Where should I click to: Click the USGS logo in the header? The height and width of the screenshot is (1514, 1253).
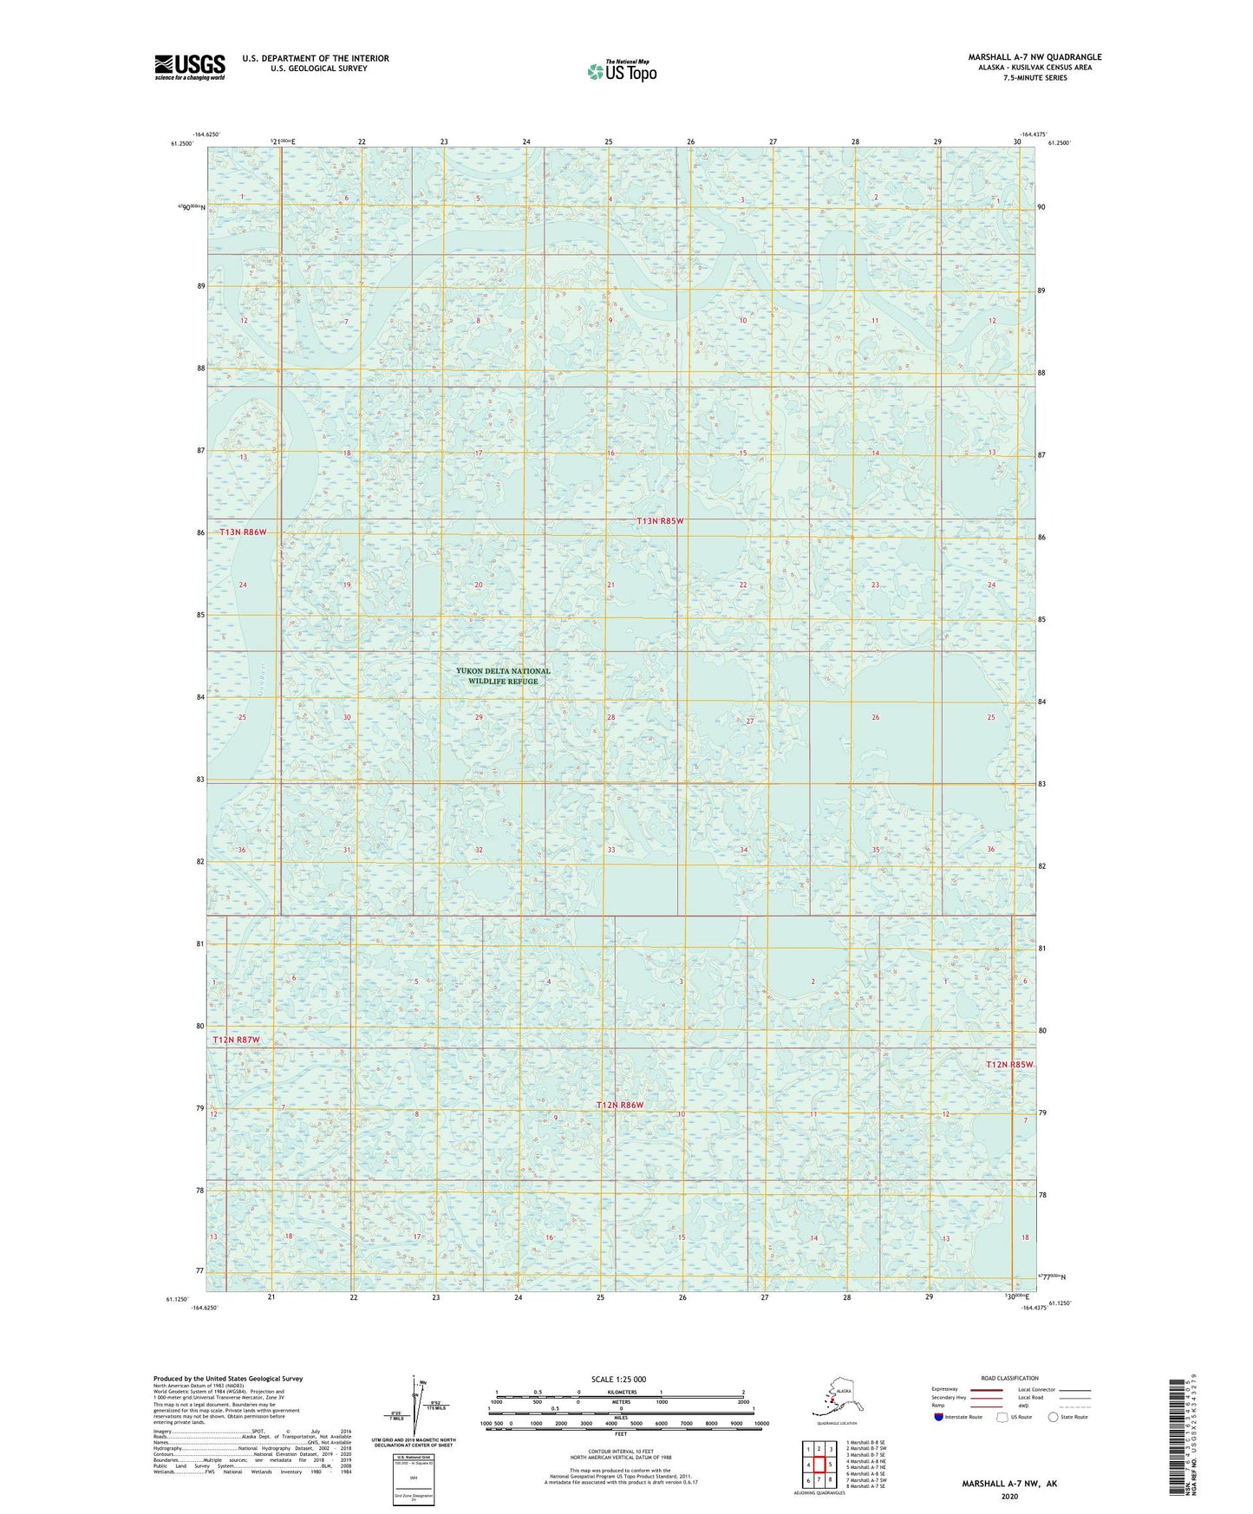tap(190, 67)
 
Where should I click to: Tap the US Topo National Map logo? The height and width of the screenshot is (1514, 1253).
tap(621, 70)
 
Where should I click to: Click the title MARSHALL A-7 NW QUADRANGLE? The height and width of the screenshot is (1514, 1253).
tap(1034, 57)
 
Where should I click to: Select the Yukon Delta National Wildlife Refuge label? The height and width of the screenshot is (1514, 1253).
tap(503, 675)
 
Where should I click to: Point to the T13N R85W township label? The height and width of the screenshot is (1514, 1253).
tap(660, 521)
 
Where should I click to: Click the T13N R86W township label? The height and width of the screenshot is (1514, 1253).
tap(243, 532)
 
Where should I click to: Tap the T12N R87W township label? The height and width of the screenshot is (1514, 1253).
tap(237, 1039)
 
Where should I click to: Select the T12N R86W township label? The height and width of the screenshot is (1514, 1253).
tap(620, 1105)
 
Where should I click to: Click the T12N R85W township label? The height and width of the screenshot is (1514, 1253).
tap(1009, 1064)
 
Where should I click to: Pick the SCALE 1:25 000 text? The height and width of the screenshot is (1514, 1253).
tap(618, 1380)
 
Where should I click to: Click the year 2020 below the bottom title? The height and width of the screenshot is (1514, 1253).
tap(1008, 1496)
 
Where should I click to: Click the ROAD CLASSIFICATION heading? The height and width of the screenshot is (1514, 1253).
tap(1009, 1378)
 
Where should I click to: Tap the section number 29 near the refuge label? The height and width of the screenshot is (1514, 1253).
tap(479, 717)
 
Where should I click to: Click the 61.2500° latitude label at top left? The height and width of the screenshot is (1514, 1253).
tap(181, 143)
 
